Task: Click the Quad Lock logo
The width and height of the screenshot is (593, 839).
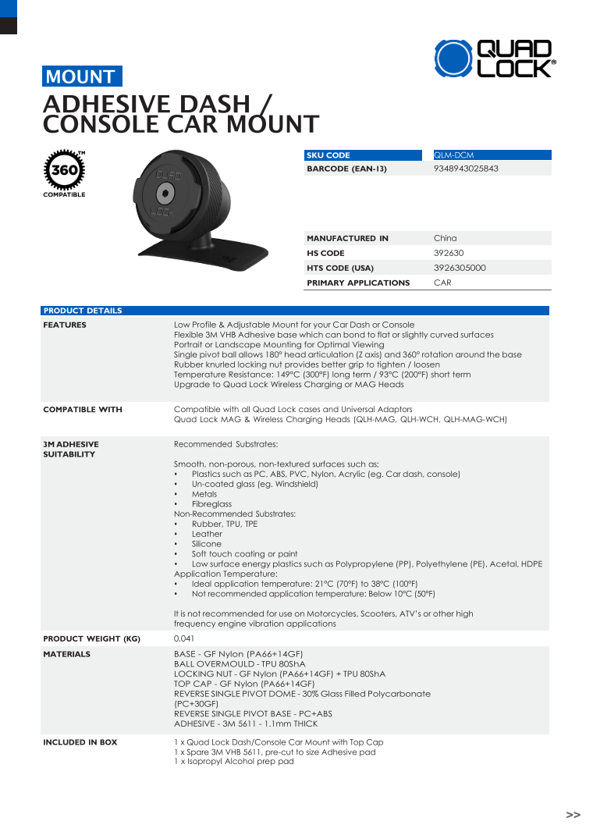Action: (x=494, y=59)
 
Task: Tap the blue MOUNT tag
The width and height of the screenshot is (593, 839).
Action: (x=81, y=76)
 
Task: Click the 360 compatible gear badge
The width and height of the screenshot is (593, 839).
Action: (x=64, y=171)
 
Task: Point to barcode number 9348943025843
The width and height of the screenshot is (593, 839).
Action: (x=466, y=169)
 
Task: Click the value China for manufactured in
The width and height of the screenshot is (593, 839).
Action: (x=446, y=238)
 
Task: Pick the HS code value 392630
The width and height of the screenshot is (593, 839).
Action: (x=448, y=253)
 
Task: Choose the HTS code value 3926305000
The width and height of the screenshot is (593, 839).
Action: (x=460, y=268)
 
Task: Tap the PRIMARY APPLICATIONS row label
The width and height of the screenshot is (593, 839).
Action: (x=358, y=283)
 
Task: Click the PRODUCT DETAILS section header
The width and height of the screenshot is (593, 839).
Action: (x=83, y=311)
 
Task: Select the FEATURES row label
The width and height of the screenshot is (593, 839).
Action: (x=65, y=325)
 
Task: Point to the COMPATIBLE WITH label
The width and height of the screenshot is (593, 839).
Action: (x=83, y=409)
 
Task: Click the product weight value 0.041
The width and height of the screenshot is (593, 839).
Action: (x=184, y=638)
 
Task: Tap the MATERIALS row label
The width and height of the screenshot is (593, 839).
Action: (x=66, y=654)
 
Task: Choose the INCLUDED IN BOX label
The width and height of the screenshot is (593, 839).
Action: (x=80, y=742)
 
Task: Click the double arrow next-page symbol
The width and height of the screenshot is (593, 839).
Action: (x=573, y=815)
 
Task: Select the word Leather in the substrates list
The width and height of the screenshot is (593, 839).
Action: (x=207, y=534)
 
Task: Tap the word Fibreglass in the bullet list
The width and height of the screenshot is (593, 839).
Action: (x=211, y=504)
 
